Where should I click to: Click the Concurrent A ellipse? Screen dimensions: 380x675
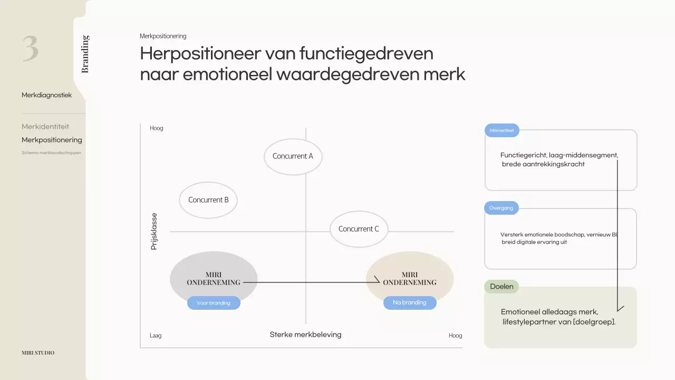pos(293,156)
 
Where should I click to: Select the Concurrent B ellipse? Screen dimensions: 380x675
pos(208,200)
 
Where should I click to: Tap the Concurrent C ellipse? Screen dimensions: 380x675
pos(359,229)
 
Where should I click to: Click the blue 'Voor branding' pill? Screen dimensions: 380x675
pos(214,303)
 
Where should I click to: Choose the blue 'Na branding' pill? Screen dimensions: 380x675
pos(410,302)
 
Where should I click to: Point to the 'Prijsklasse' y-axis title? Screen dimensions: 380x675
pos(154,231)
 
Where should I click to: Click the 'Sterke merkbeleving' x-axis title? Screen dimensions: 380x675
pos(305,335)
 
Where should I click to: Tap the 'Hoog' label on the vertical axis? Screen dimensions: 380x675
pos(157,128)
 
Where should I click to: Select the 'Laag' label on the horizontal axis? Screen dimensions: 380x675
pos(156,336)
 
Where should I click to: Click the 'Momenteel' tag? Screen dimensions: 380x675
pos(502,130)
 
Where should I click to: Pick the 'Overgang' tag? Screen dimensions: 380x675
pos(501,208)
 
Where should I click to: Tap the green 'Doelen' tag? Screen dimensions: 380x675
pos(502,287)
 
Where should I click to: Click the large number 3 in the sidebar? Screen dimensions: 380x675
pos(31,49)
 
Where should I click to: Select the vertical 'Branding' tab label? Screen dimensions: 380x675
pos(85,54)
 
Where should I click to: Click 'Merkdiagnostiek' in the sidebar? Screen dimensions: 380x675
pos(46,95)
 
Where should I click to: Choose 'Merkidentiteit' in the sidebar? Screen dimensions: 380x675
pos(45,127)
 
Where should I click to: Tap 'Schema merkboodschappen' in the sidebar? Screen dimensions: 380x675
pos(51,153)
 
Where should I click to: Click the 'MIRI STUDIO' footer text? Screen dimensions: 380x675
pos(38,353)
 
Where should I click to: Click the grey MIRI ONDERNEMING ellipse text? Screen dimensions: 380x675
pos(213,279)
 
